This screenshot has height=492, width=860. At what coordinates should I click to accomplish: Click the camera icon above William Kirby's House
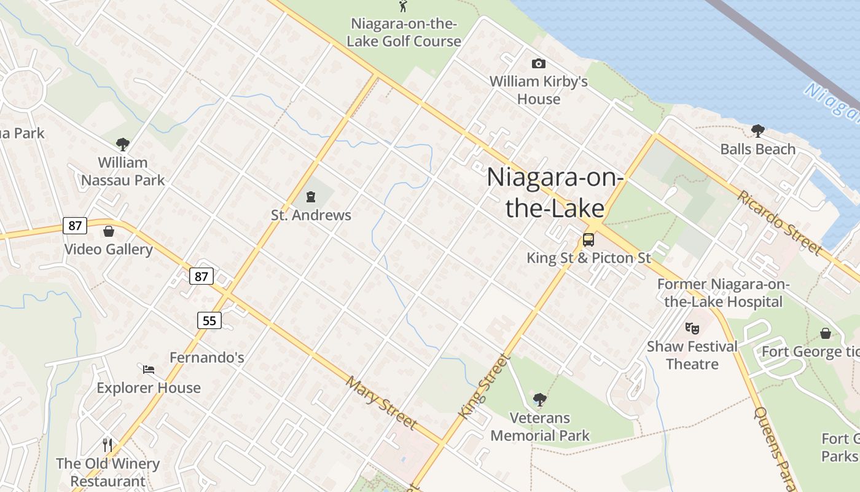[539, 63]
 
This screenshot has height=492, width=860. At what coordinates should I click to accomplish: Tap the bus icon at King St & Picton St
[588, 239]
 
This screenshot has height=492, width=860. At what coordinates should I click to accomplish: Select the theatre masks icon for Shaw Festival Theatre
[692, 328]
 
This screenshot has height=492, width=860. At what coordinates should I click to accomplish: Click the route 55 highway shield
[209, 320]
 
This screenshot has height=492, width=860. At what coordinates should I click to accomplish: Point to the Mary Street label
[381, 403]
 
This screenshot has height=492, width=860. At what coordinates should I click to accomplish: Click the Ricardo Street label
[780, 222]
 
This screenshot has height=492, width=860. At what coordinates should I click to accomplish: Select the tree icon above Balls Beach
[757, 130]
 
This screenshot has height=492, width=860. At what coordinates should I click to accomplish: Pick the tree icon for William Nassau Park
[123, 145]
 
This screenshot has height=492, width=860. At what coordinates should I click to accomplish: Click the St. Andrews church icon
[311, 197]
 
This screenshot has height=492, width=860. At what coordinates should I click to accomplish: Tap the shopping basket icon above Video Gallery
[109, 231]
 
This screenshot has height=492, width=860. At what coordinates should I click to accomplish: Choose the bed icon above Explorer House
[149, 370]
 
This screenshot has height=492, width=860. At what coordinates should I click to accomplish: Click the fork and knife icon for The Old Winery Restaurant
[107, 445]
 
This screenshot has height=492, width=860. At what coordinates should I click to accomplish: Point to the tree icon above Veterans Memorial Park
[539, 400]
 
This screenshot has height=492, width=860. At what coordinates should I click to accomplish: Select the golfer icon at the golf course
[404, 6]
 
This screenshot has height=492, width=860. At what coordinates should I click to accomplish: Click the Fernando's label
[206, 357]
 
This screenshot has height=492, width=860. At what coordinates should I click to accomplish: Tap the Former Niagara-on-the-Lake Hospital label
[723, 293]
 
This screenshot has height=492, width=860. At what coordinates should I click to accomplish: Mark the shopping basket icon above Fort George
[826, 333]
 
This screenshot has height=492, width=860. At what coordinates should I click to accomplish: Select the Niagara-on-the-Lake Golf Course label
[404, 33]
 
